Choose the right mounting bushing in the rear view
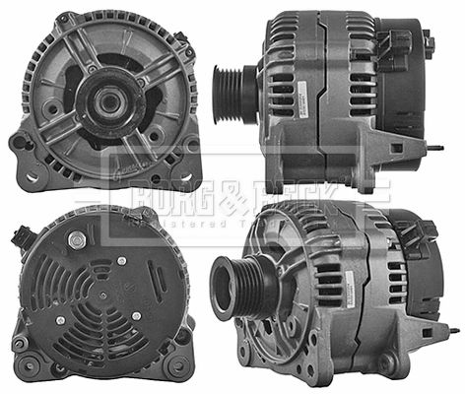tap(180, 337)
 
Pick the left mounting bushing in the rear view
tap(21, 342)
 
